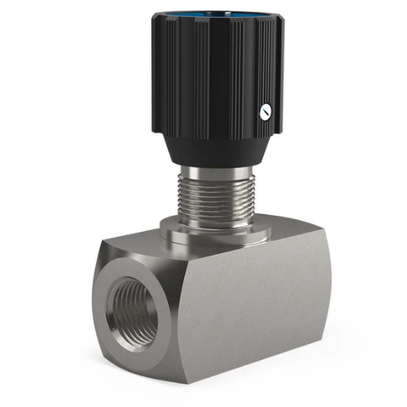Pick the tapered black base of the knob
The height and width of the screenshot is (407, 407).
click(x=213, y=147)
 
